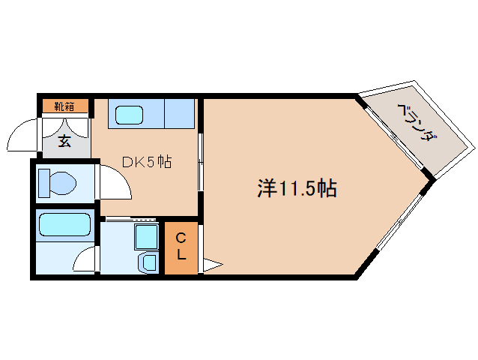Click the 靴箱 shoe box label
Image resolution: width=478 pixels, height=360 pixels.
click(64, 106)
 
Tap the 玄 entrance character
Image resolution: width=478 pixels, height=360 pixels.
click(64, 139)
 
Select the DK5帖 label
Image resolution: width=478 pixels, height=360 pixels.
click(147, 161)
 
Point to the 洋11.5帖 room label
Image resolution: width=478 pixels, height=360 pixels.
click(297, 187)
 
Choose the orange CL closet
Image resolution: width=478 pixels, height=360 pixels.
click(181, 247)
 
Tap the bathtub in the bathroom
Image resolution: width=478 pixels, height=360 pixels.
click(64, 226)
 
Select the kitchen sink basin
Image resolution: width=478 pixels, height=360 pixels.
click(131, 115)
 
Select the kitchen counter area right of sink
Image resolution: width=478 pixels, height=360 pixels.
click(178, 114)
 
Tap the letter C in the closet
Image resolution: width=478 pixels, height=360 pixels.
click(181, 238)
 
